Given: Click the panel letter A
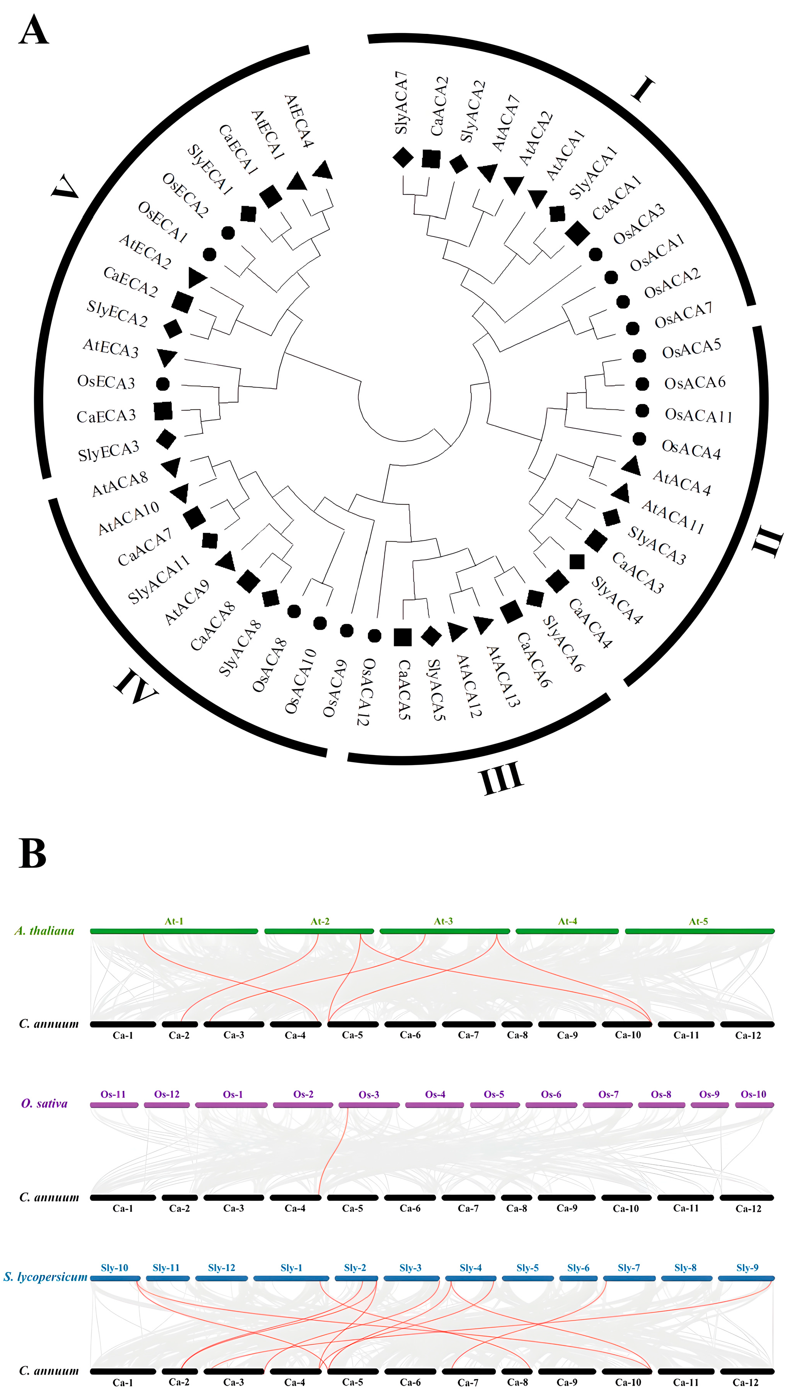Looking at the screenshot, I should point(33,30).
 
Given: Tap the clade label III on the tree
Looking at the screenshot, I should point(501,777).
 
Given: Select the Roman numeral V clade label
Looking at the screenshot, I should point(65,187).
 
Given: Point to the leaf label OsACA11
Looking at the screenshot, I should point(699,415).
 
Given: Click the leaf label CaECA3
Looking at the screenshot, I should point(106,416).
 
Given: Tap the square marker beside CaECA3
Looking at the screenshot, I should point(163,411).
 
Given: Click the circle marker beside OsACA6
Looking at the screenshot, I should point(642,383).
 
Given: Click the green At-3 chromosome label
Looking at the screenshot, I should point(443,921).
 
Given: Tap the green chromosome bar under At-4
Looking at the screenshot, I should point(567,931).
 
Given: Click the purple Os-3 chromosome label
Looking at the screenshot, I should point(369,1095).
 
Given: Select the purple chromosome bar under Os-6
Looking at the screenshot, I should point(551,1105).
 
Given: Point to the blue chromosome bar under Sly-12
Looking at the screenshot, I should point(221,1278).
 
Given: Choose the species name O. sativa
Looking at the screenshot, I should point(44,1104).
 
